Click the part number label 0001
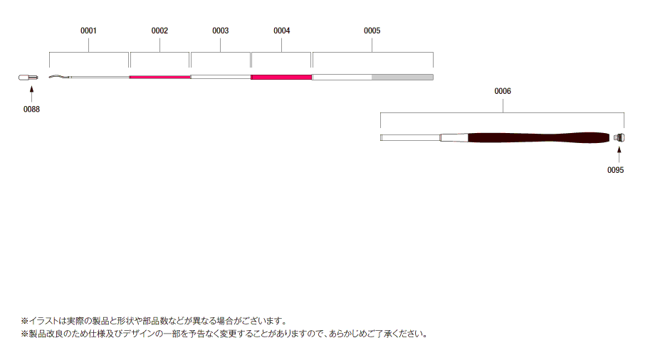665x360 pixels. (88, 31)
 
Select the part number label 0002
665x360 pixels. (159, 31)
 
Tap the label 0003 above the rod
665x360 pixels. (221, 31)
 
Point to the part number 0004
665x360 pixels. (282, 31)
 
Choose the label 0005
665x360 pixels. (372, 31)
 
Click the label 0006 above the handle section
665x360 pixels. (503, 91)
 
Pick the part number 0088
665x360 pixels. (31, 110)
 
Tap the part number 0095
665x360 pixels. (615, 170)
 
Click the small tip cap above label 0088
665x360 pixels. (28, 78)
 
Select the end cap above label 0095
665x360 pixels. (619, 137)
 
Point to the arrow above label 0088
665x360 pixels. (31, 94)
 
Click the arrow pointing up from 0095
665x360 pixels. (619, 155)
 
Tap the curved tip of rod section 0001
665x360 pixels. (59, 77)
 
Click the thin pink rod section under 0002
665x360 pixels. (160, 77)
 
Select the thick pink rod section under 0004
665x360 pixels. (281, 77)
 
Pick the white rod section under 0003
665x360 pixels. (221, 77)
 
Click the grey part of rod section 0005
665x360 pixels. (402, 77)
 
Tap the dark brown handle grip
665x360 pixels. (538, 138)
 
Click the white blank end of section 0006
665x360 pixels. (411, 137)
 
